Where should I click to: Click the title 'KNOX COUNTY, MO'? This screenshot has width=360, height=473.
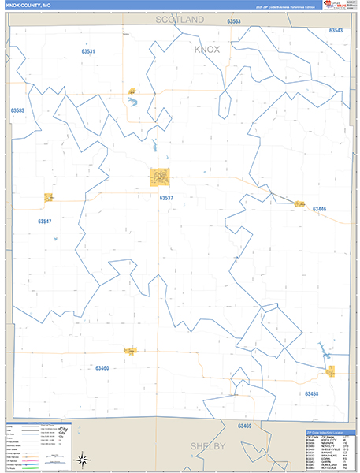click(x=28, y=6)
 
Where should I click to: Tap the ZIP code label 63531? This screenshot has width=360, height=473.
click(x=88, y=51)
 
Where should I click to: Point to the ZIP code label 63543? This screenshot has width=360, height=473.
click(x=336, y=30)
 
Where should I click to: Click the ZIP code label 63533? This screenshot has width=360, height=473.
click(x=17, y=111)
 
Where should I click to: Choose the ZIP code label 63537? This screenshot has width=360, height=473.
click(x=165, y=198)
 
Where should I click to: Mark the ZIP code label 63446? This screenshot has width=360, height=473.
click(x=319, y=209)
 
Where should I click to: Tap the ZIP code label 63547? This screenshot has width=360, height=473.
click(x=44, y=222)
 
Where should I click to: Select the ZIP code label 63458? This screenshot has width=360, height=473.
click(x=312, y=393)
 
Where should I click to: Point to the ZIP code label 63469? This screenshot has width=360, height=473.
click(x=244, y=426)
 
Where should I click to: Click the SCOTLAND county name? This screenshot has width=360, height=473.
click(x=179, y=18)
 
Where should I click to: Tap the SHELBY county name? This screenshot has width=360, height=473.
click(x=208, y=446)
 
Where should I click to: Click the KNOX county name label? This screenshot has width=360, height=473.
click(x=207, y=49)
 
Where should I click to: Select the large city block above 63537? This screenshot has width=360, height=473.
click(x=160, y=177)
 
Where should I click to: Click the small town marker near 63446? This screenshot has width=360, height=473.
click(x=299, y=204)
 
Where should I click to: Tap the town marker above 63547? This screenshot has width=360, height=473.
click(x=48, y=197)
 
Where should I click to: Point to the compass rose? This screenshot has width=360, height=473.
click(x=81, y=459)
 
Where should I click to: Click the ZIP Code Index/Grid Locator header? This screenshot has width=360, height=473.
click(x=330, y=432)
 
